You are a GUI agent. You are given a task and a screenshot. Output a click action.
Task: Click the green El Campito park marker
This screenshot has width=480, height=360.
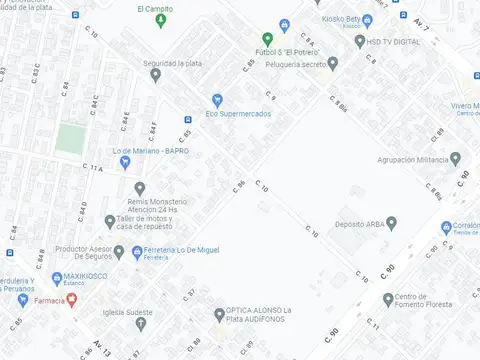pyautogui.click(x=159, y=23)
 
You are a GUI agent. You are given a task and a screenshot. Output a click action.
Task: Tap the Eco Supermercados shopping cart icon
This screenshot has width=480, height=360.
pyautogui.click(x=217, y=99)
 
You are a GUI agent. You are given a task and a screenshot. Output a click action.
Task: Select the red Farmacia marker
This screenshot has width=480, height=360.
pyautogui.click(x=71, y=300)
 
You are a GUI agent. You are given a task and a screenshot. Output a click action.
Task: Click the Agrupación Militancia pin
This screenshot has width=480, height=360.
pyautogui.click(x=456, y=159)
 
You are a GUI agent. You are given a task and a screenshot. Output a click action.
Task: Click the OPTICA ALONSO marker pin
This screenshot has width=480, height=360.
pyautogui.click(x=219, y=315)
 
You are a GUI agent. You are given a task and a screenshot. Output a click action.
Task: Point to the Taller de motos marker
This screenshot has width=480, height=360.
pyautogui.click(x=109, y=222)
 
